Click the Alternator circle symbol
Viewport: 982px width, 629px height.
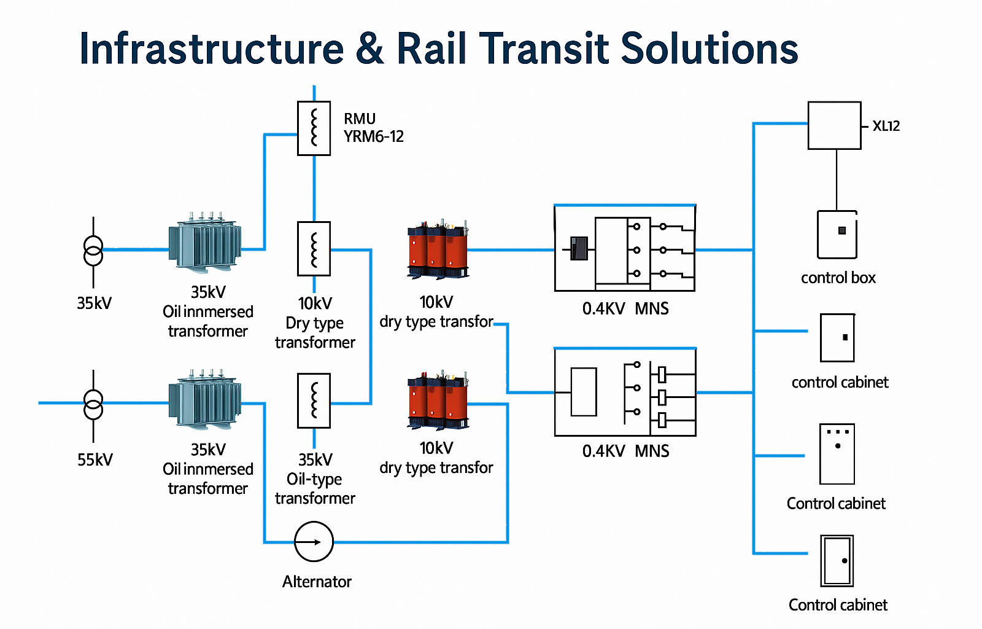tap(314, 542)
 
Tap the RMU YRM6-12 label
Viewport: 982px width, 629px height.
tap(373, 128)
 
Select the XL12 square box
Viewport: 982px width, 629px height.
tap(834, 125)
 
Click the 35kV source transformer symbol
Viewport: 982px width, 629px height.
tap(93, 251)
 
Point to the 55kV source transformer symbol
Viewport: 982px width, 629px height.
tap(93, 404)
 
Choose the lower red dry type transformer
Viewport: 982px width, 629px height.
tap(438, 400)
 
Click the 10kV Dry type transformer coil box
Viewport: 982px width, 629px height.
tap(314, 248)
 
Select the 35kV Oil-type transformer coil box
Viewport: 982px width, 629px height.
tap(314, 400)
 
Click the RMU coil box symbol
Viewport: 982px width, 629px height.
tap(314, 128)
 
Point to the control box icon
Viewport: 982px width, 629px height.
tap(837, 235)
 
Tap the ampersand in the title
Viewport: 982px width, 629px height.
tap(369, 49)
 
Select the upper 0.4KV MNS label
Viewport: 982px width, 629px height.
tap(625, 308)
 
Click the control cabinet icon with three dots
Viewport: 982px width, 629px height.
tap(837, 454)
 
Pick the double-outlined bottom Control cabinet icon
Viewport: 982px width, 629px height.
tap(837, 560)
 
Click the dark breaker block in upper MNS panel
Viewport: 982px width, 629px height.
tap(578, 248)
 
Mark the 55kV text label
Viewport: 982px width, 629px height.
tap(95, 459)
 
